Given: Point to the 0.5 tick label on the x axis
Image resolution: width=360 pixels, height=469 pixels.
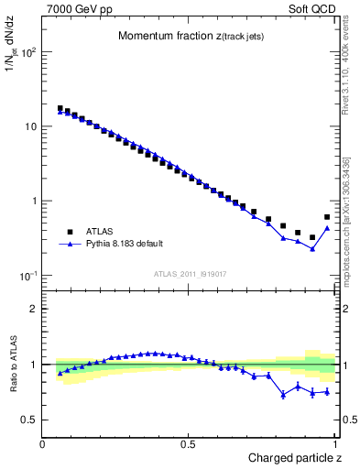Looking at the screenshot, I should click(x=189, y=442).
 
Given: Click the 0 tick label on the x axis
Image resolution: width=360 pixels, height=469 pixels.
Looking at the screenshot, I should click(x=43, y=442).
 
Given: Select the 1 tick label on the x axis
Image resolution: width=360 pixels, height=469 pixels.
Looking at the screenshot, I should click(x=335, y=442).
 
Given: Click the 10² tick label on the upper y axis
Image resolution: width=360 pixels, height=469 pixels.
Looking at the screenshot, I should click(x=27, y=51).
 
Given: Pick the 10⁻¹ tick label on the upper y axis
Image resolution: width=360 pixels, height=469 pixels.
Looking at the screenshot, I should click(x=27, y=276).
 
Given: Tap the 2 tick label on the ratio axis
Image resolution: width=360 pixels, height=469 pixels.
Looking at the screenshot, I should click(x=33, y=309).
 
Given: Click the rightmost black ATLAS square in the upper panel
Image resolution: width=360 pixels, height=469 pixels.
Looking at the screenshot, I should click(x=327, y=217).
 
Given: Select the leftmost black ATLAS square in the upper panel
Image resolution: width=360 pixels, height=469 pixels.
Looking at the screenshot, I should click(x=60, y=108).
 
